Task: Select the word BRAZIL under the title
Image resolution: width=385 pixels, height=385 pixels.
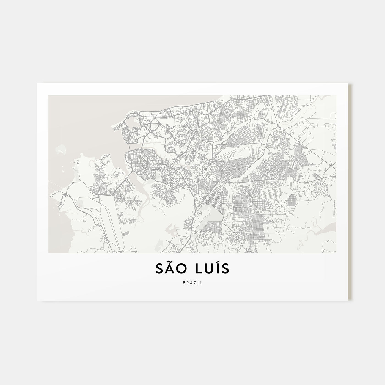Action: tap(192, 283)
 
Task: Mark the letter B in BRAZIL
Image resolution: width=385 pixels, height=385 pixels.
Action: tap(183, 283)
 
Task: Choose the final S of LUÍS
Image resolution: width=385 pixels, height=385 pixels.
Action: tap(226, 269)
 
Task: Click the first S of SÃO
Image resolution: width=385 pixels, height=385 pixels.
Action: tap(160, 269)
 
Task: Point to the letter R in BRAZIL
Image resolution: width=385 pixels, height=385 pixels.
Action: tap(187, 283)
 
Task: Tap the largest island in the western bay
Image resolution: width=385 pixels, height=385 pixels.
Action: tap(61, 150)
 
